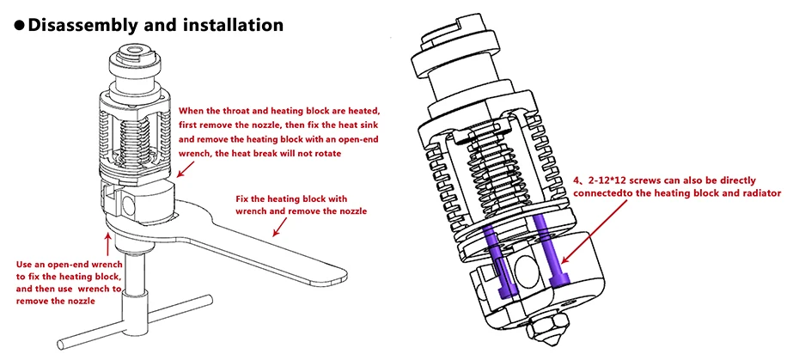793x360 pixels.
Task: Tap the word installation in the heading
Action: coord(233,24)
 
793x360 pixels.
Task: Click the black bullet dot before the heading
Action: coord(19,25)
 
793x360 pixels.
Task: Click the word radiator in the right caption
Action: coord(762,193)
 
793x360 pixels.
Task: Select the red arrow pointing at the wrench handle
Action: coord(280,227)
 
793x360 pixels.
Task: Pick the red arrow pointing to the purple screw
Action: coord(595,232)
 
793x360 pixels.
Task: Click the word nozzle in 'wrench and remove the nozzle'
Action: coord(354,211)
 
